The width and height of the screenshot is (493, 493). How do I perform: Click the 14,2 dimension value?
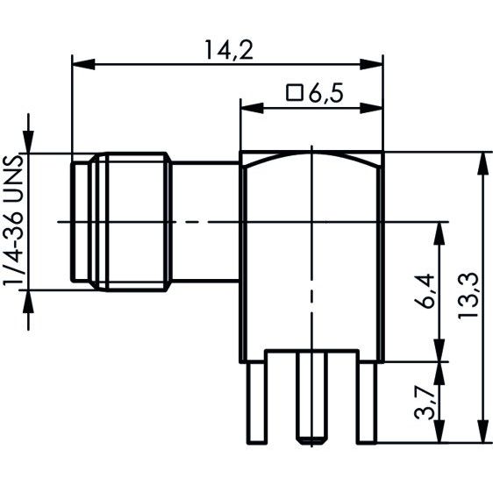coord(229,50)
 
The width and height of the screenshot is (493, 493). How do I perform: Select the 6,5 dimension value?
coord(325,93)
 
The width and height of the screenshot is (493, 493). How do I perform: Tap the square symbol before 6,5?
coord(294,92)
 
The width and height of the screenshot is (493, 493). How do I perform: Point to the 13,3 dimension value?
coord(468,297)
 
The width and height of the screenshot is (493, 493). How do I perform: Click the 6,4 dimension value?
coord(425,292)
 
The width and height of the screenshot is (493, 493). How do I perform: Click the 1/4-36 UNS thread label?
coord(13,221)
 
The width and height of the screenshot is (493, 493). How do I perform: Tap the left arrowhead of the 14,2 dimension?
coord(83,64)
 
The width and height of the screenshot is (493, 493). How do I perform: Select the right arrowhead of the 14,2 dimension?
coord(372,64)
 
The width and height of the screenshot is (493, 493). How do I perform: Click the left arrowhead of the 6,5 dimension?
coord(252,108)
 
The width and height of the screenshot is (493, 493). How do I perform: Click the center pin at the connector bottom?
coord(312,397)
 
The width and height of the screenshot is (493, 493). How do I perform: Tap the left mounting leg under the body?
coord(257,403)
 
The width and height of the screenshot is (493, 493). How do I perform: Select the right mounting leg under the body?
coord(367,403)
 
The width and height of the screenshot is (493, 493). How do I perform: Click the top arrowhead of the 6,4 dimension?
coord(439,233)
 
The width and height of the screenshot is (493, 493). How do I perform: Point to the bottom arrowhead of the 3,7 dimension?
coord(439,432)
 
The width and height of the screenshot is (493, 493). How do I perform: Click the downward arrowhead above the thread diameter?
coord(28,141)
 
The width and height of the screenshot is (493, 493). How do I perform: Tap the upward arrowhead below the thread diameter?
coord(28,302)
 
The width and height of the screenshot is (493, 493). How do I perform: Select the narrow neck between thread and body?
coord(206,222)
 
